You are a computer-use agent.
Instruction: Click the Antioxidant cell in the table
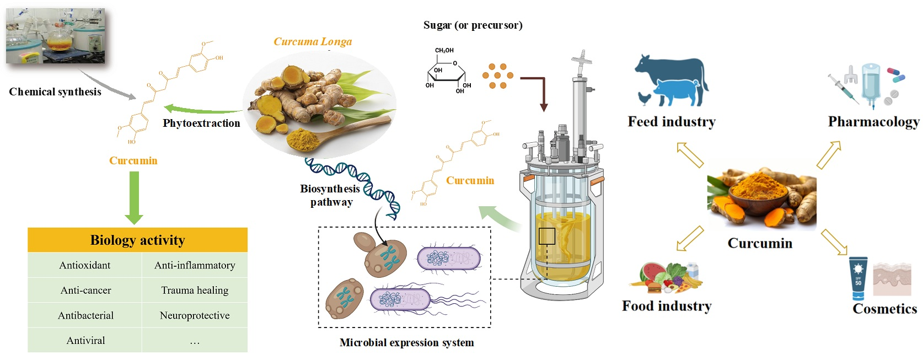tap(85, 265)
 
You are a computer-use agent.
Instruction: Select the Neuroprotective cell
tap(195, 315)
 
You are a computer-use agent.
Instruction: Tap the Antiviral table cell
tap(85, 341)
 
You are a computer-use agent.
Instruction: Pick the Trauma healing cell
tap(195, 291)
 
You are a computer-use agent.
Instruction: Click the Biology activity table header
tap(137, 240)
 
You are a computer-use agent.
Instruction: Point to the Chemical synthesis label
tap(55, 92)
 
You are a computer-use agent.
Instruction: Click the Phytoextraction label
tap(201, 123)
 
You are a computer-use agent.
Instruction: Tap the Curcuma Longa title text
tap(313, 42)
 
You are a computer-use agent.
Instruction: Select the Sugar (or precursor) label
tap(473, 25)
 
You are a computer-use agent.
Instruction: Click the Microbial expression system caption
tap(406, 343)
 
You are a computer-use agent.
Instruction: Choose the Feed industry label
tap(672, 122)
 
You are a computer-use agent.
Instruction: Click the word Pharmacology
tap(873, 122)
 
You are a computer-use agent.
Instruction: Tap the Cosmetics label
tap(884, 309)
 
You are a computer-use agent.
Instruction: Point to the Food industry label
tap(667, 306)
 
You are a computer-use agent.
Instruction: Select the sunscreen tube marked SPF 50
tap(858, 278)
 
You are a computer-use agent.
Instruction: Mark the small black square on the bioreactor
tap(546, 236)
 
